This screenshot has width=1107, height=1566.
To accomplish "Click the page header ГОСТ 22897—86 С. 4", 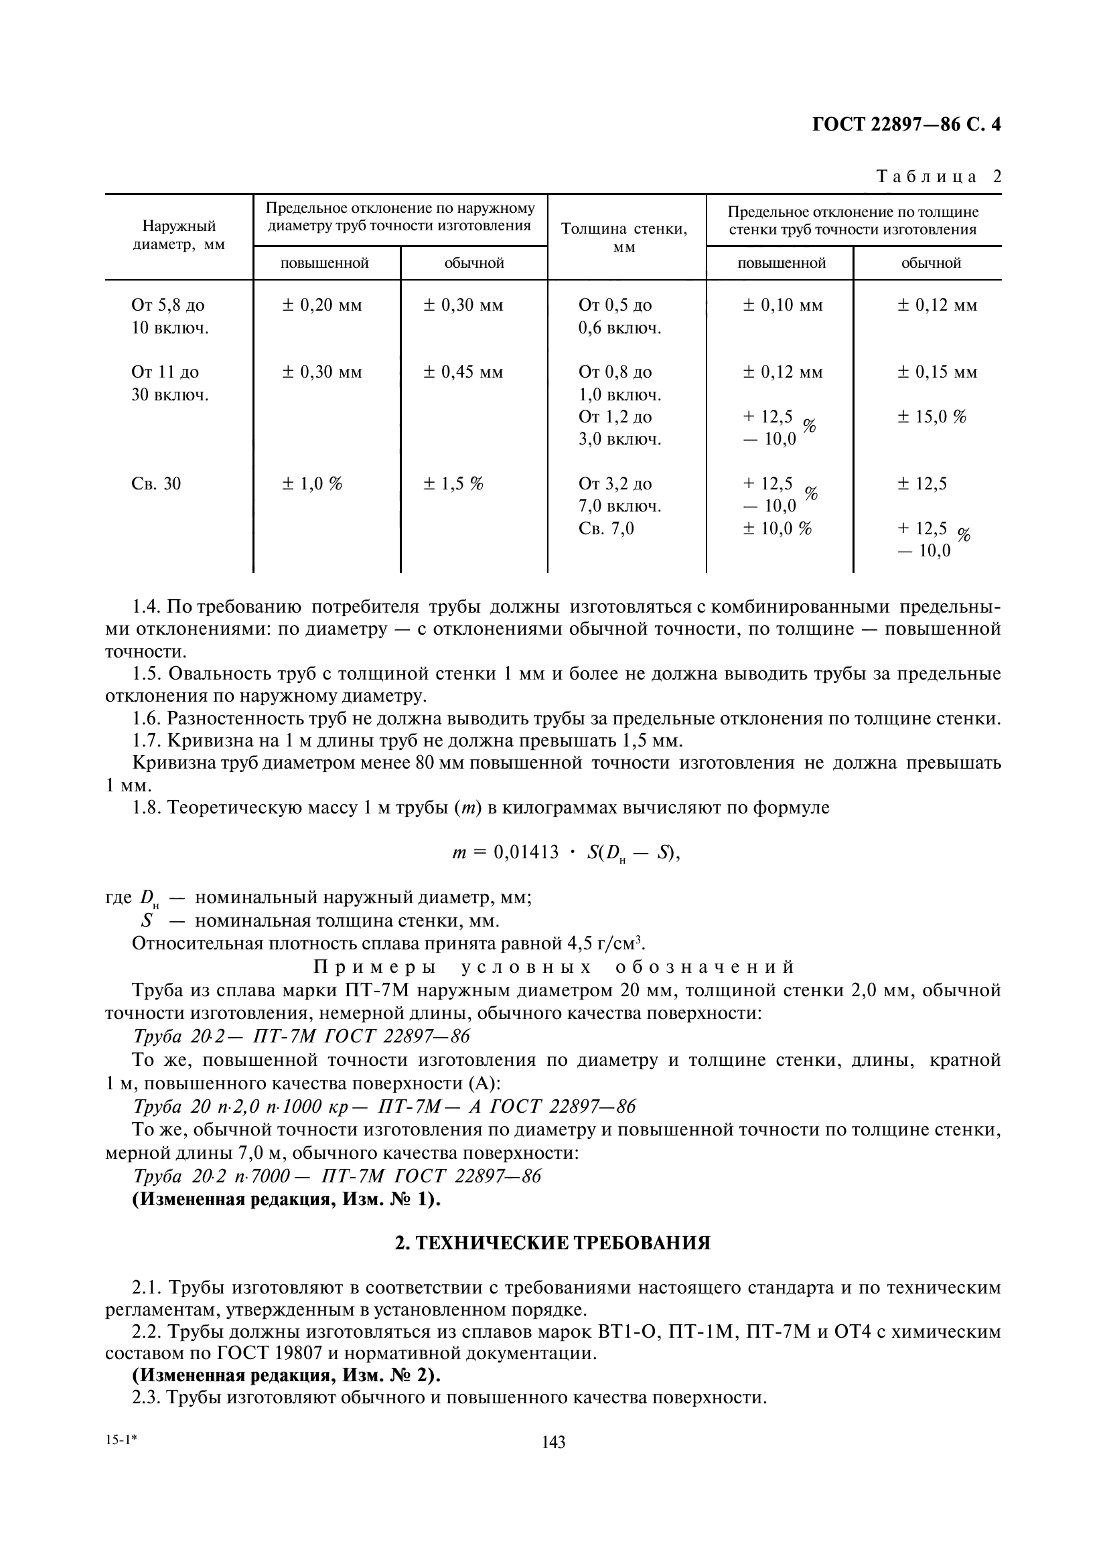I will pos(907,124).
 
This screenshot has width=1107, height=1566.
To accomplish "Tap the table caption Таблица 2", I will pos(938,177).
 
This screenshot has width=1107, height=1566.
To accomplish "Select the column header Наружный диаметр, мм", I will pos(179,235).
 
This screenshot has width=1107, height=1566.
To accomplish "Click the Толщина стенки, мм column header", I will pos(624,238).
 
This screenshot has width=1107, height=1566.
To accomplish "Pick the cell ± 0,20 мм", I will pos(322,305).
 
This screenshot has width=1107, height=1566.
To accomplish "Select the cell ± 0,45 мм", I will pos(463,372).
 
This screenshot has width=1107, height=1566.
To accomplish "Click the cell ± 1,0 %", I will pos(311,484).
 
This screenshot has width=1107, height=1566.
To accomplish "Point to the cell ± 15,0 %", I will pos(932,416).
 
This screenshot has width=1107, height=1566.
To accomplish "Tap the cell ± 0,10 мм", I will pos(782,305).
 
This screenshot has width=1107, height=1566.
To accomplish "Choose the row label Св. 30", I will pos(156,484).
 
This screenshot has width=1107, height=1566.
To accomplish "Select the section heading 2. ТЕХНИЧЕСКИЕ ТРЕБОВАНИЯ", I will pos(553,1243).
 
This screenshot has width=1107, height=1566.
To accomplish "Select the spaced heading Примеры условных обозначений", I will pos(554,967).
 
